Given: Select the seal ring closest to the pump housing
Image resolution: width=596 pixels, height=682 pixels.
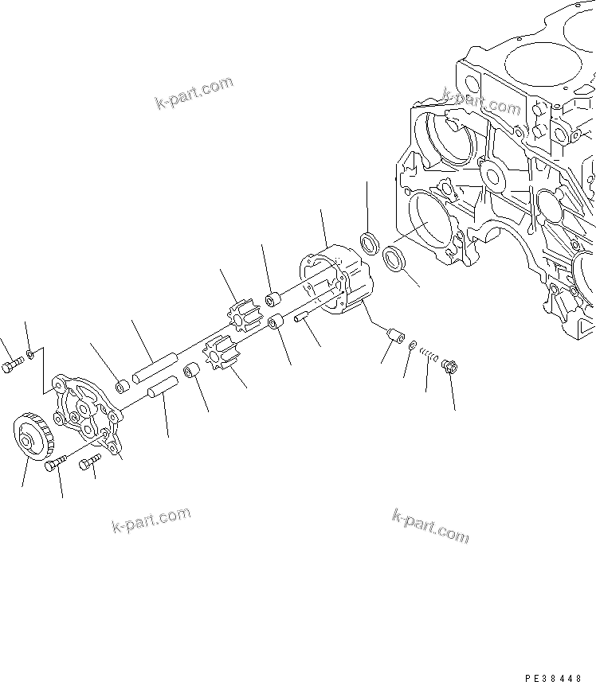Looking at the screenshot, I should click(369, 243).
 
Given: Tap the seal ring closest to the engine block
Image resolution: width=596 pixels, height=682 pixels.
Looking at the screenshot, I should click(393, 259).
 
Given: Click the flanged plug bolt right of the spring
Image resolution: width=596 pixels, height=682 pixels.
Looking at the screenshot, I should click(448, 367).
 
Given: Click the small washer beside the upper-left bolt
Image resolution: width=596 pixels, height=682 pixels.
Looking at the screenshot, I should click(29, 353).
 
